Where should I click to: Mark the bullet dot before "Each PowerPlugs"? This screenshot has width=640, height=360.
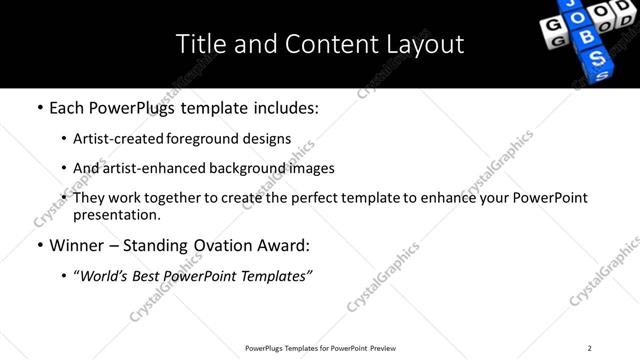tap(39, 106)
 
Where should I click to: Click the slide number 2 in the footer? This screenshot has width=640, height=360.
tap(589, 348)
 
